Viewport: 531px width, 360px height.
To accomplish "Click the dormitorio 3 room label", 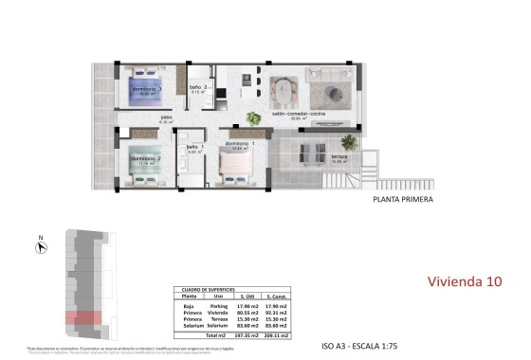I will coord(147,90).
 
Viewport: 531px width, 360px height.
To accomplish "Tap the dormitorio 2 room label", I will coord(144,158).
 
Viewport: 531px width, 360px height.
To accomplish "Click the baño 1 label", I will coord(192,147).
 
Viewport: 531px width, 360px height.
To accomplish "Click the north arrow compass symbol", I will coord(40,246).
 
